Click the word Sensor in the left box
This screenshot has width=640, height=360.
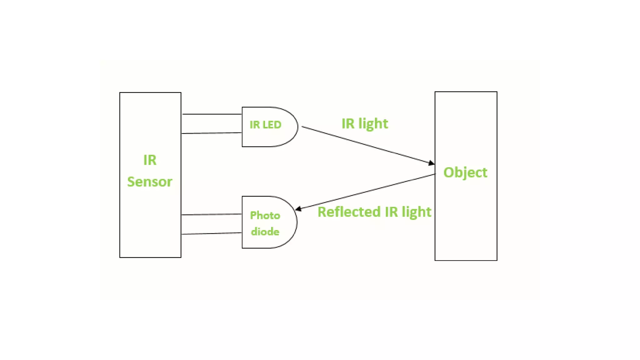click(x=149, y=182)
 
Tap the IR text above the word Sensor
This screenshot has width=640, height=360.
click(x=150, y=160)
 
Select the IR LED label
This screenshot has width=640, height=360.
click(x=265, y=125)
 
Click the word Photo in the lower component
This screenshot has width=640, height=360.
click(x=265, y=215)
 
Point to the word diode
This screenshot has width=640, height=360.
click(x=265, y=232)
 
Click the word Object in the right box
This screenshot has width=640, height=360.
click(x=465, y=172)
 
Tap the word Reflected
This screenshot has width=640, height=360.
click(x=349, y=212)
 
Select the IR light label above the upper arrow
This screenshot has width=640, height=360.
click(x=365, y=124)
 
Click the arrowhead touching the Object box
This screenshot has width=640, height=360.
click(x=431, y=163)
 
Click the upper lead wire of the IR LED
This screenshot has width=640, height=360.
click(x=212, y=114)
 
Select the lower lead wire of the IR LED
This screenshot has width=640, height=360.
click(x=212, y=133)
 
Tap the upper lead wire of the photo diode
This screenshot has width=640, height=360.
click(x=212, y=214)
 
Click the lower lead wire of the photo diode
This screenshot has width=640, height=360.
click(x=212, y=233)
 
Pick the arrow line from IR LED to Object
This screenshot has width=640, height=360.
click(x=366, y=145)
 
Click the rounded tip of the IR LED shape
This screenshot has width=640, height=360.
click(x=297, y=127)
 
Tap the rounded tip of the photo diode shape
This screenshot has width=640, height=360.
click(x=296, y=222)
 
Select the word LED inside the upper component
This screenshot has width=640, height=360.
click(x=272, y=125)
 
